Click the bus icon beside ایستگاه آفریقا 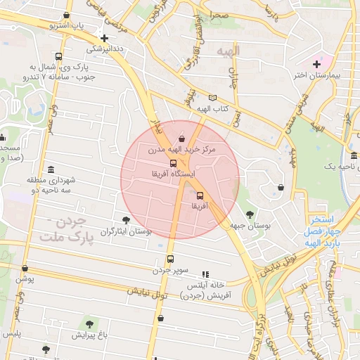(174, 162)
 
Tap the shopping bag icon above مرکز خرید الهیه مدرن (183, 139)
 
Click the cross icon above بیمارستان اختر (317, 64)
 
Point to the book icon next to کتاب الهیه (213, 98)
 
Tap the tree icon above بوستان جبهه (250, 214)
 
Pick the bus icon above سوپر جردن (169, 259)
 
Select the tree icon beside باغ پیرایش (89, 324)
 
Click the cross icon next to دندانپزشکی (105, 39)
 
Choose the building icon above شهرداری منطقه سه (51, 169)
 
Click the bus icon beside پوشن (25, 269)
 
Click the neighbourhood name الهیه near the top (228, 51)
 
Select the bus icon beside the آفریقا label (200, 195)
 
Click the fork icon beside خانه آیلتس (205, 274)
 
